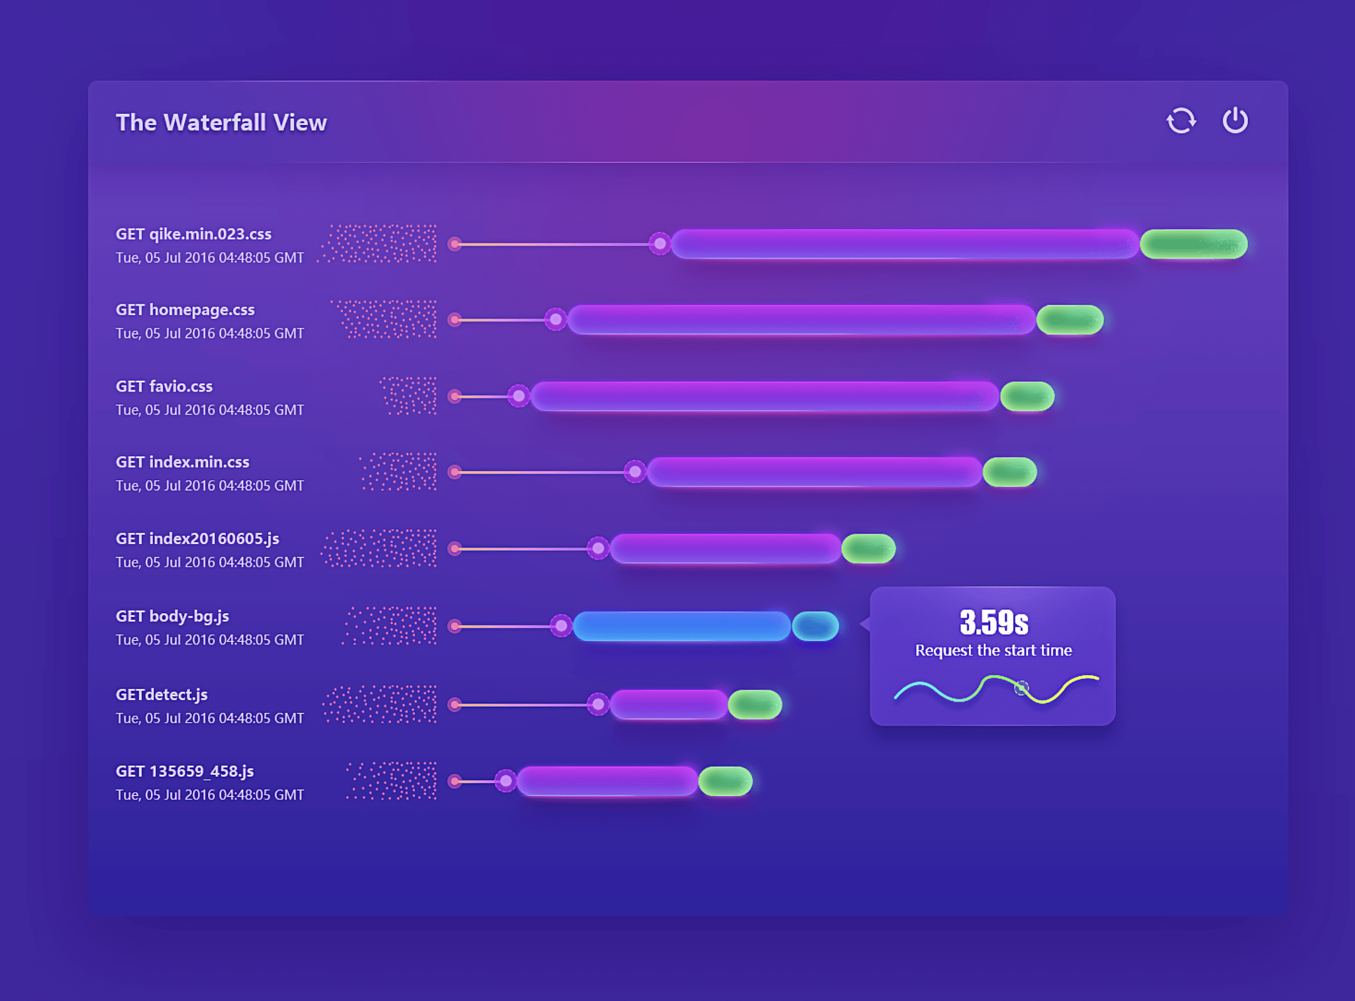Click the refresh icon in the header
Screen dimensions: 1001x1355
click(x=1181, y=120)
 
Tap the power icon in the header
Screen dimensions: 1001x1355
click(x=1235, y=120)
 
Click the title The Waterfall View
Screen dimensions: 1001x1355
click(x=221, y=122)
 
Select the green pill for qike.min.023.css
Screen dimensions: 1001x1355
click(x=1193, y=244)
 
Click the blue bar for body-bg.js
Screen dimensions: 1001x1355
click(x=681, y=626)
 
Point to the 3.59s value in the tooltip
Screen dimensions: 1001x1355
click(x=993, y=622)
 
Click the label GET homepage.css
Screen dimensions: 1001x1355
click(x=185, y=310)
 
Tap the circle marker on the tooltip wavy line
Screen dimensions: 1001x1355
click(x=1021, y=688)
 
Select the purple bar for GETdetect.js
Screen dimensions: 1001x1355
click(x=669, y=704)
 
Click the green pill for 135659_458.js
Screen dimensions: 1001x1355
click(x=725, y=781)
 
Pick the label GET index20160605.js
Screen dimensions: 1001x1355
click(x=197, y=539)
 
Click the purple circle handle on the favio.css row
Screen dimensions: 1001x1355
click(x=519, y=396)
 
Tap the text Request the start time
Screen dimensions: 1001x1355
click(x=993, y=650)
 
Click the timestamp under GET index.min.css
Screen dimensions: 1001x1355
click(x=209, y=486)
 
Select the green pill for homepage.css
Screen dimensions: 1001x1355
click(x=1070, y=320)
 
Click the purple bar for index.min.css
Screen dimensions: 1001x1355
click(x=814, y=472)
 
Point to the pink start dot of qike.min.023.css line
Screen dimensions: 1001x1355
click(x=455, y=244)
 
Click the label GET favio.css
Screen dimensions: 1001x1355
click(x=164, y=387)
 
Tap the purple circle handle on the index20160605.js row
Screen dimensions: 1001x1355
click(x=598, y=548)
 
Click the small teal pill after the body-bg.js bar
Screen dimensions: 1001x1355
click(x=815, y=626)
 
